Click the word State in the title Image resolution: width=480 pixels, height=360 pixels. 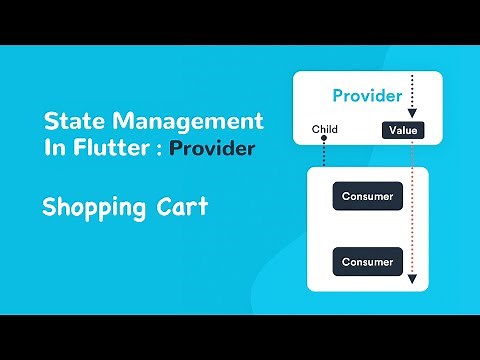click(x=73, y=122)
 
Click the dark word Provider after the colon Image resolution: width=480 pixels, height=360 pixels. click(x=212, y=148)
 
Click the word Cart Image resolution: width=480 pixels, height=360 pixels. click(x=184, y=208)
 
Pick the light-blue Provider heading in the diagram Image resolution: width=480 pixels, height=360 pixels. click(x=367, y=97)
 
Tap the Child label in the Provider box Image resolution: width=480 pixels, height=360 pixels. click(x=325, y=130)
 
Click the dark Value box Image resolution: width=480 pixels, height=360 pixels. click(x=403, y=130)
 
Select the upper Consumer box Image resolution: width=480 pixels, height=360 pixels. click(x=367, y=195)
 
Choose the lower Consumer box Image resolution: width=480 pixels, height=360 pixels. click(x=367, y=262)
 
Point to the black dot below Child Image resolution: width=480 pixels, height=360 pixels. click(x=325, y=141)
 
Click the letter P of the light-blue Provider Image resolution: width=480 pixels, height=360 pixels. click(x=338, y=97)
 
